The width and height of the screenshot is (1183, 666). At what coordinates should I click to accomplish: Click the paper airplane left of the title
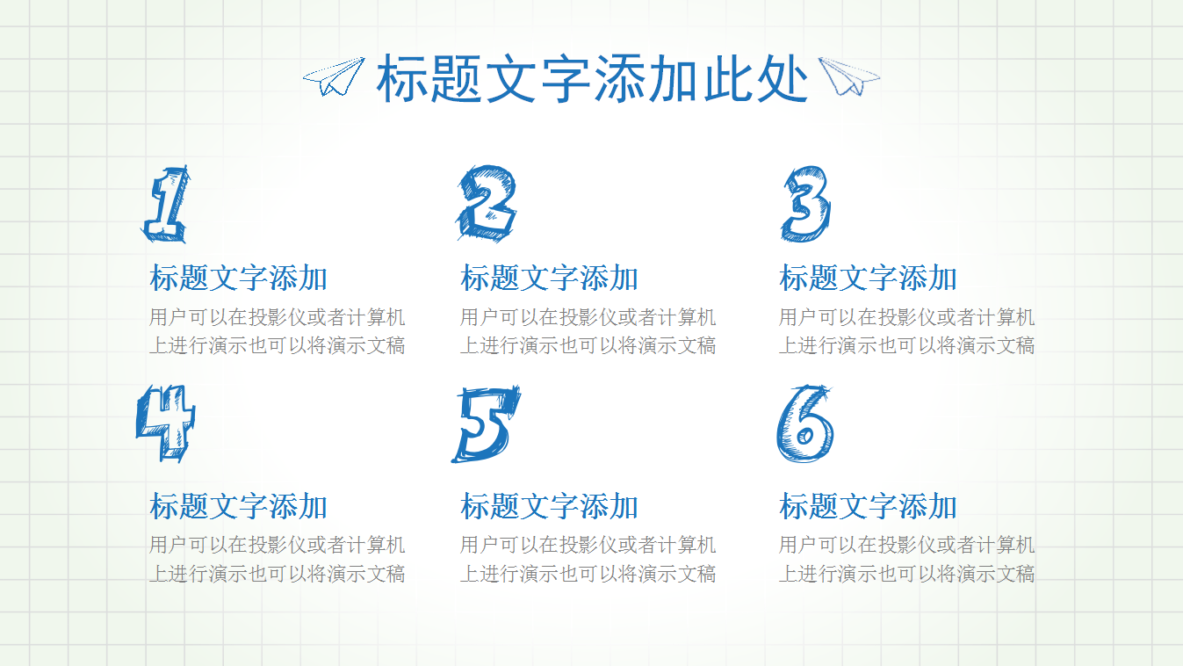(334, 76)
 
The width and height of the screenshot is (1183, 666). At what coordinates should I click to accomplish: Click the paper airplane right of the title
(848, 76)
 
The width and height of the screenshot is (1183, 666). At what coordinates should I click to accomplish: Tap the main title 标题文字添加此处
(592, 79)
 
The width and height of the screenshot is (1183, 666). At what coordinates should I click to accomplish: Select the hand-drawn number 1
(167, 204)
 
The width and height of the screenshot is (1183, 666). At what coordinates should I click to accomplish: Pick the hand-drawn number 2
(487, 204)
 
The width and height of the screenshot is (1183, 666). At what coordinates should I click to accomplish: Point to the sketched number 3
(805, 204)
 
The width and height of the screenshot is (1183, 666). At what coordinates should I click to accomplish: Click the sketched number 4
(166, 423)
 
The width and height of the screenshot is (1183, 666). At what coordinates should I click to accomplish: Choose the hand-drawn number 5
(485, 423)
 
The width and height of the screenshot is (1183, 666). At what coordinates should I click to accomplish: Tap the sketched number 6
(804, 423)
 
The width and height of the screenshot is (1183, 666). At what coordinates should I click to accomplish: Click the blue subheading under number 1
(238, 279)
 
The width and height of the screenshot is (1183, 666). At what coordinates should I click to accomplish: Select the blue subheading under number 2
(549, 279)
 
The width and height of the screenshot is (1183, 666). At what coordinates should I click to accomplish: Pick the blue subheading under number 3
(868, 279)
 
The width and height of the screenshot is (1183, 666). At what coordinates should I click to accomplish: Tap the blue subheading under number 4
(238, 507)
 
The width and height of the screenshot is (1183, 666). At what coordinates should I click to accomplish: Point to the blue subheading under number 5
(549, 507)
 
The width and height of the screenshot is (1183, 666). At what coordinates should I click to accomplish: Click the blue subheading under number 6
(868, 507)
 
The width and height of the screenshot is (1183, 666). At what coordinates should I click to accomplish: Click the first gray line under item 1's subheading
(277, 317)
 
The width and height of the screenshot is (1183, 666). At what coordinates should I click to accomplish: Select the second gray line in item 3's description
(906, 345)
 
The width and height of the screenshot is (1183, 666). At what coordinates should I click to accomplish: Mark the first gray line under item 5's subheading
(588, 546)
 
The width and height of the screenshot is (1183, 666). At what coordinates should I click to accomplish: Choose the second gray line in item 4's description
(277, 574)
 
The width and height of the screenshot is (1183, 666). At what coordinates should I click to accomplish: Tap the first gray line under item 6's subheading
(906, 546)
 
